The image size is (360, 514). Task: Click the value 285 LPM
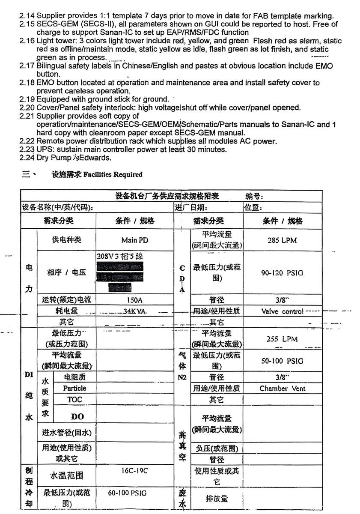[x=282, y=240]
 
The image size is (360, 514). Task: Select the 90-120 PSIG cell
[x=282, y=273]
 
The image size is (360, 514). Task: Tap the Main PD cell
[x=135, y=240]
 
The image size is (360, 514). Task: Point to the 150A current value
[x=135, y=300]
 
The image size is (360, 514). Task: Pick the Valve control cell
[x=282, y=311]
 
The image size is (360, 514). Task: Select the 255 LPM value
[x=282, y=339]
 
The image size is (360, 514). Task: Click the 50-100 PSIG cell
[x=282, y=361]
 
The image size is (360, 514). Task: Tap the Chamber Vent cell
[x=282, y=388]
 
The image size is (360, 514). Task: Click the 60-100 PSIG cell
[x=127, y=493]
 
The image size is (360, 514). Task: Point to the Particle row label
[x=74, y=388]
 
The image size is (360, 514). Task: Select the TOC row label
[x=74, y=399]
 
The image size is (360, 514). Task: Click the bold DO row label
[x=77, y=416]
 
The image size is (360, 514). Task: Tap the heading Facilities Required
[x=113, y=174]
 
